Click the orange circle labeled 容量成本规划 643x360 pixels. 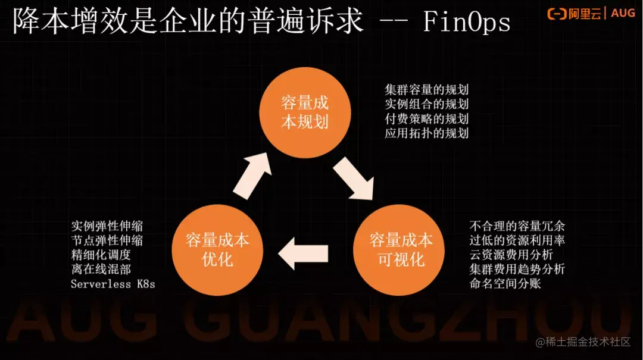[304, 112]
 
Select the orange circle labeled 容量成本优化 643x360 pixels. [217, 250]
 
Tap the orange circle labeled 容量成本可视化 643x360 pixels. [401, 250]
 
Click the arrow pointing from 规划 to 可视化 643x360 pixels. [352, 179]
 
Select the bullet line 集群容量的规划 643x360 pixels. [426, 90]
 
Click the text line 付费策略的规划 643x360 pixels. [426, 118]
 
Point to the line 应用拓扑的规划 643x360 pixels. [426, 133]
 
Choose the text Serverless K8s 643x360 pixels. [113, 284]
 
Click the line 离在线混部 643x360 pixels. [101, 270]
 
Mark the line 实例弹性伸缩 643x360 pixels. [107, 226]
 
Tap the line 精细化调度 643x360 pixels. [101, 255]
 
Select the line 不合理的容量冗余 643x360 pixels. [517, 226]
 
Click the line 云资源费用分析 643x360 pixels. [511, 255]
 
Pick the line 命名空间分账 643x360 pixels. [505, 284]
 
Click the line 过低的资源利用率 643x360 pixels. [517, 240]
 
